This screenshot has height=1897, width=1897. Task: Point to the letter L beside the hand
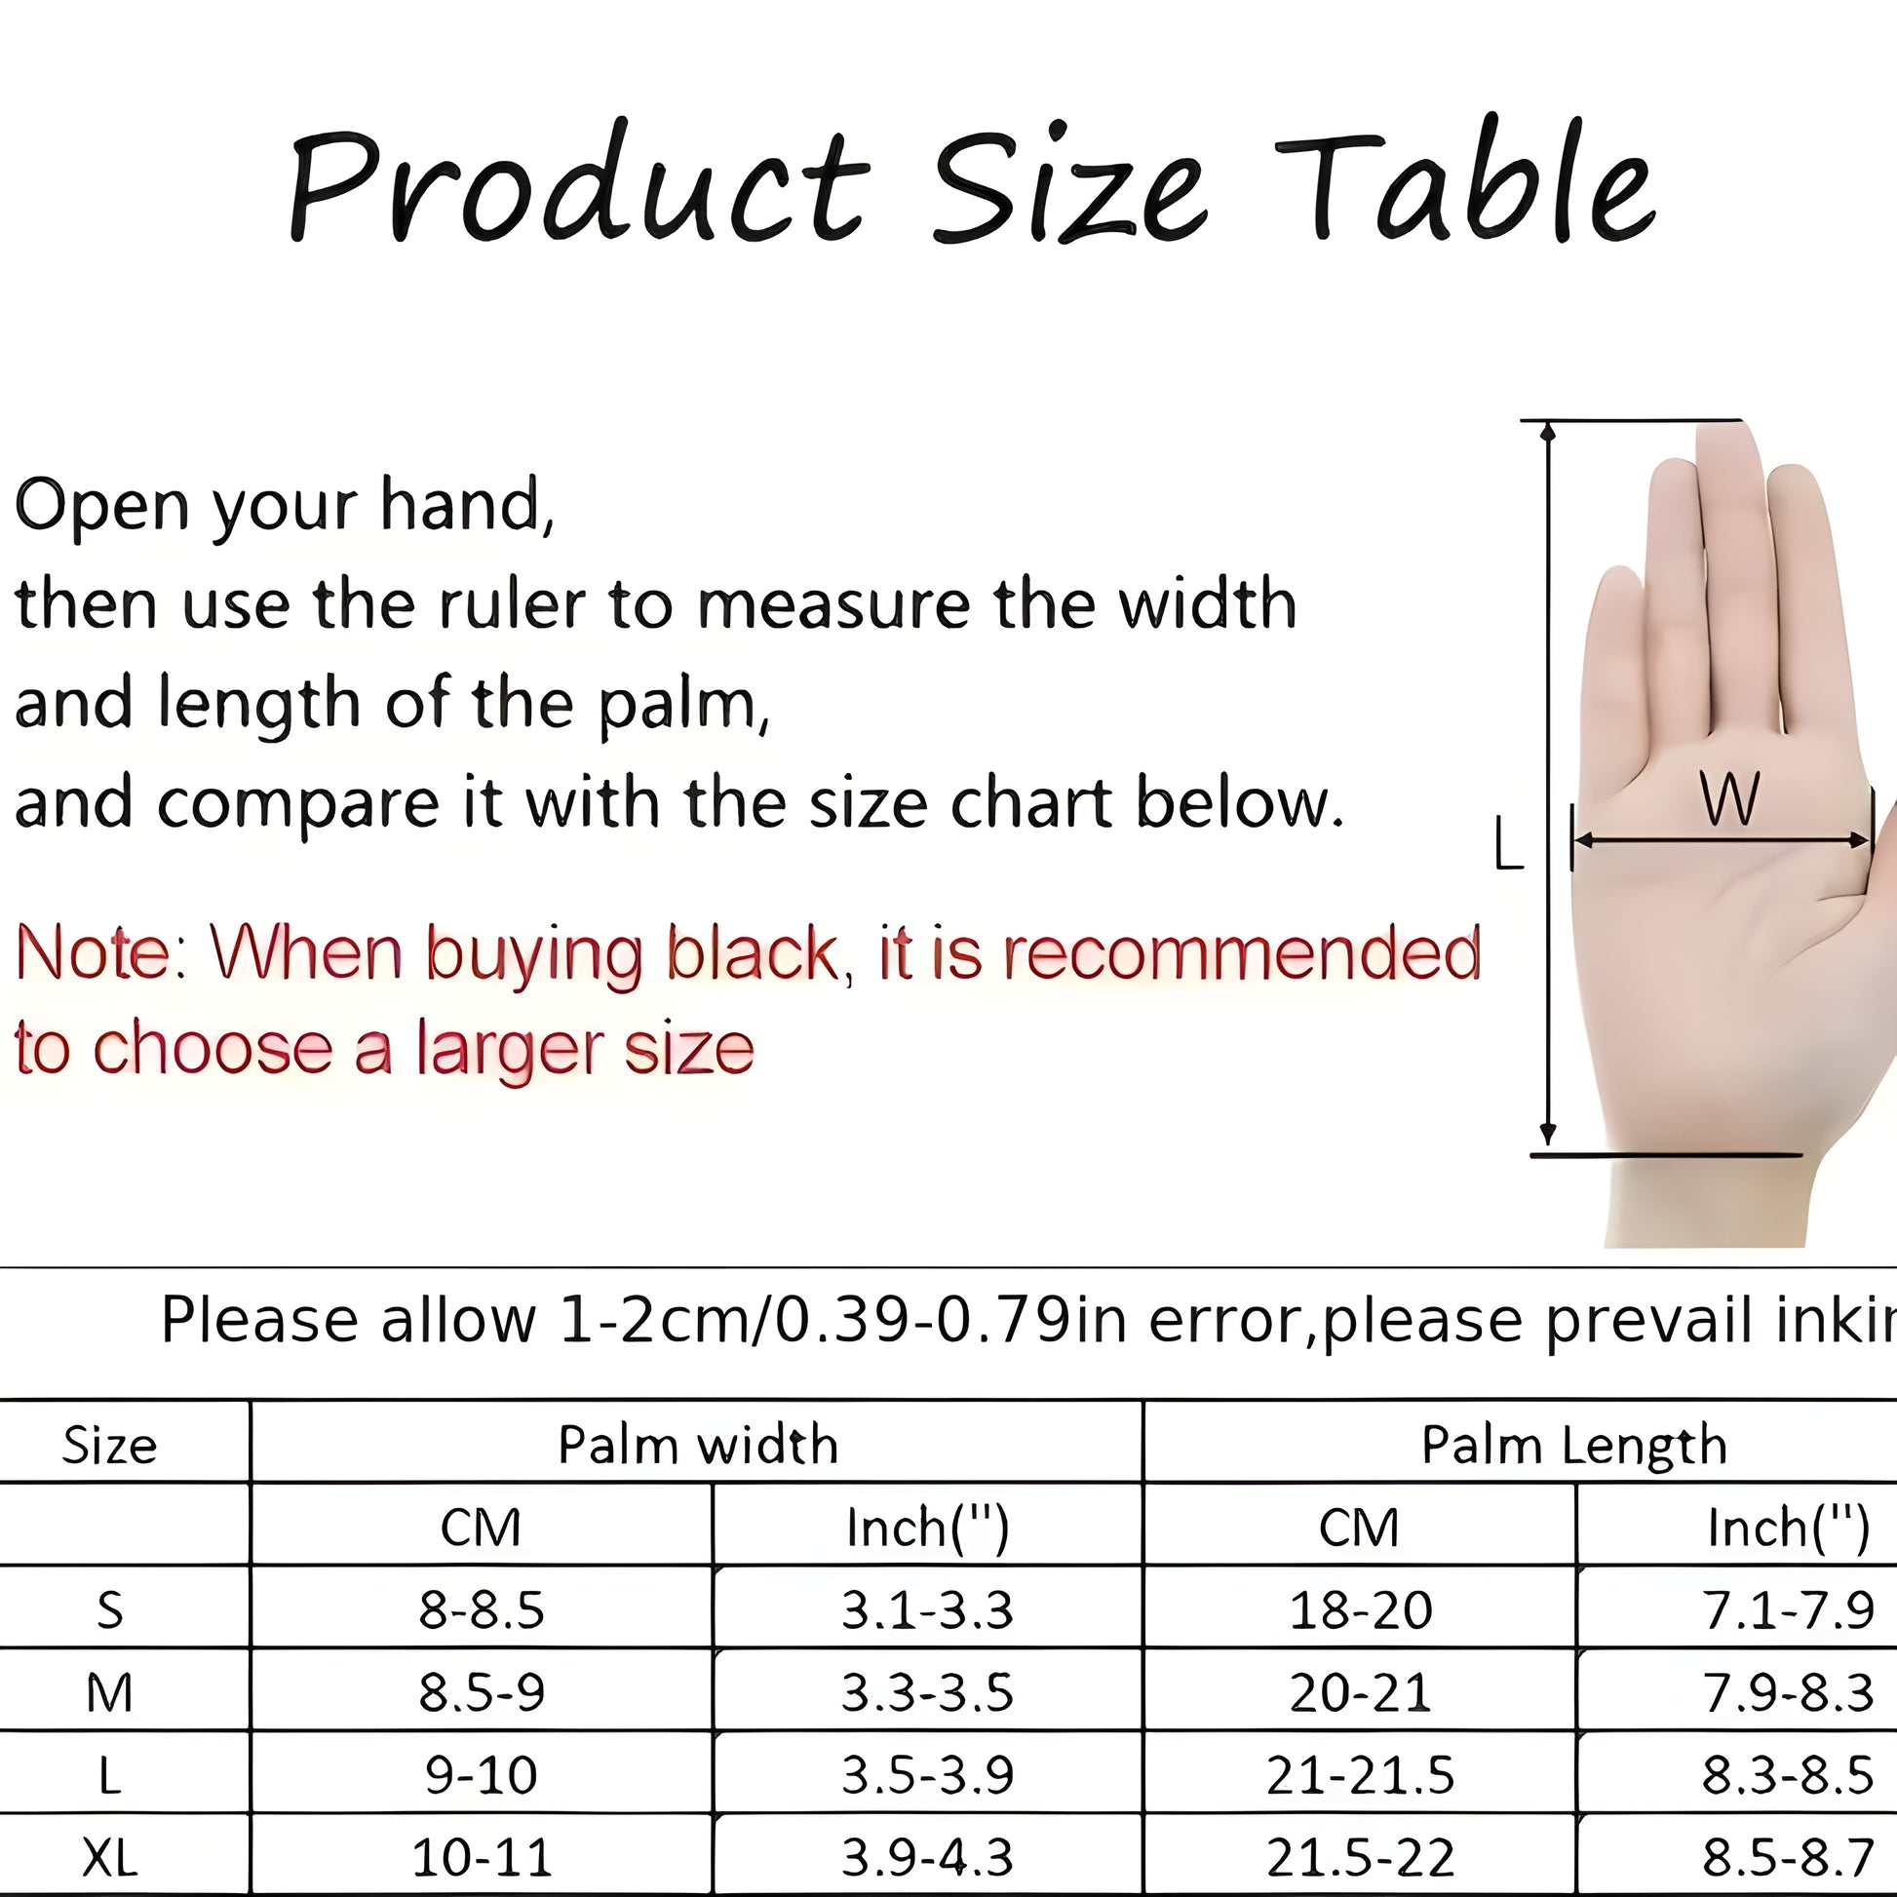pyautogui.click(x=1508, y=843)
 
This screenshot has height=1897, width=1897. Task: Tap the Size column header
pyautogui.click(x=109, y=1447)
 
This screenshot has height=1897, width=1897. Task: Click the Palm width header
pyautogui.click(x=698, y=1446)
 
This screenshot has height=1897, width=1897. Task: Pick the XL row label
pyautogui.click(x=109, y=1857)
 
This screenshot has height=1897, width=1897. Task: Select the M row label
pyautogui.click(x=109, y=1692)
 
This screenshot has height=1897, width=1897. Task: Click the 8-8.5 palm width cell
pyautogui.click(x=482, y=1610)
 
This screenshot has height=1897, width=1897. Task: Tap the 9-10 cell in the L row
pyautogui.click(x=482, y=1774)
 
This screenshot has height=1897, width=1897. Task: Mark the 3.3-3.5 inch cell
pyautogui.click(x=927, y=1692)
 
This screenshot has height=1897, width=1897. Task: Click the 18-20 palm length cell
pyautogui.click(x=1360, y=1610)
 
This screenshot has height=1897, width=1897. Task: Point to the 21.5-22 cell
pyautogui.click(x=1360, y=1857)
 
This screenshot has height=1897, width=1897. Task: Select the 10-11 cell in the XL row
pyautogui.click(x=482, y=1857)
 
